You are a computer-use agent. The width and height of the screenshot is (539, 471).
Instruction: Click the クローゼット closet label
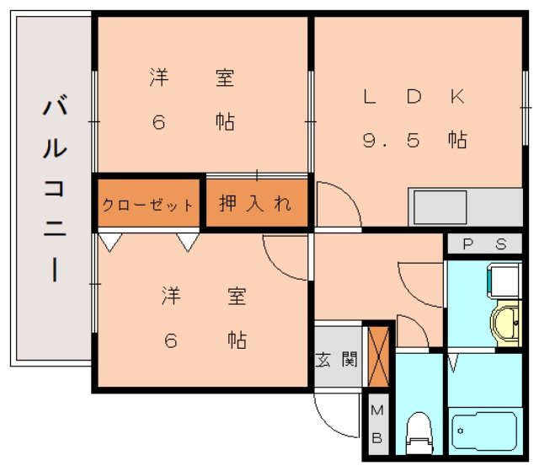147,205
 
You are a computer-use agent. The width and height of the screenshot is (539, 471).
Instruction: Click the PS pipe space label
484,245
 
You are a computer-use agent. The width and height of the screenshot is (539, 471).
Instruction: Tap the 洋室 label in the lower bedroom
202,297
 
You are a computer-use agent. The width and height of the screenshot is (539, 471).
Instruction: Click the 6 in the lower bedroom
170,340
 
